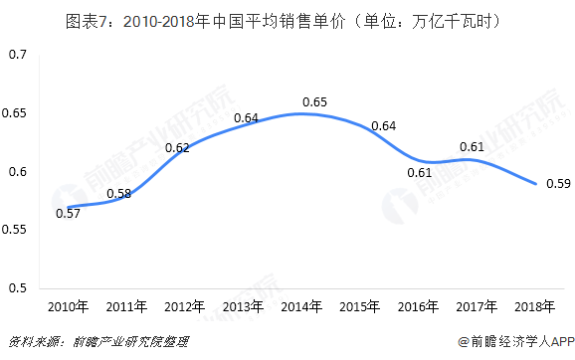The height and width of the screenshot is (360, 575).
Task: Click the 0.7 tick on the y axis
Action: point(17,55)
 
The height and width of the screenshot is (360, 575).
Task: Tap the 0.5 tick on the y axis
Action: point(17,288)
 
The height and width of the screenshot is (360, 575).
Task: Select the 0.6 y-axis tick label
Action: point(17,172)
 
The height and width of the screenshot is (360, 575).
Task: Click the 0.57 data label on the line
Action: point(69,212)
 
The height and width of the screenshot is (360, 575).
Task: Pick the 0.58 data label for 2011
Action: point(118,192)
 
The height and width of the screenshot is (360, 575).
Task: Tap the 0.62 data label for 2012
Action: point(177,148)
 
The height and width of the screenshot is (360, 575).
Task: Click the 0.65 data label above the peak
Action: point(314,101)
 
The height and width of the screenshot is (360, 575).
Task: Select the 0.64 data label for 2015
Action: point(382,125)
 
